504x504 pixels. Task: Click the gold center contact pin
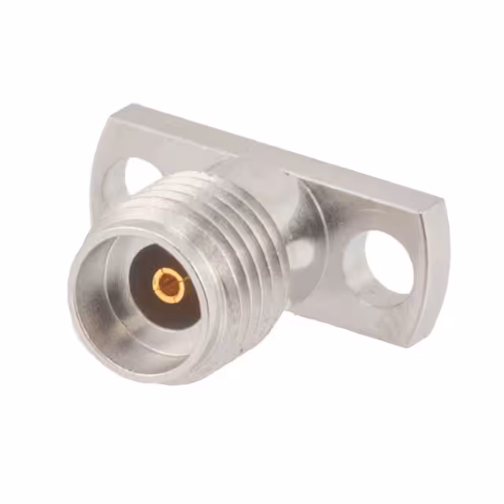coord(169,284)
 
